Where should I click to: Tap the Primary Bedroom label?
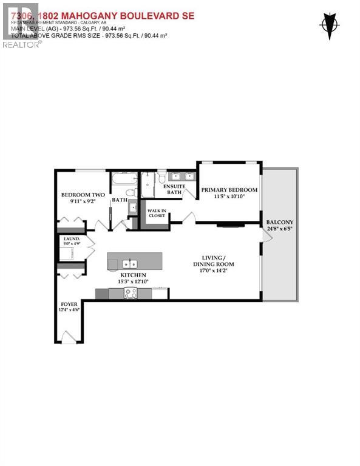(x=229, y=190)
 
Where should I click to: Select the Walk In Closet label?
(x=156, y=213)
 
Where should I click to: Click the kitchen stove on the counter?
(x=131, y=293)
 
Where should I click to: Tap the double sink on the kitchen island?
(x=129, y=263)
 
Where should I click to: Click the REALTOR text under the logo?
(x=21, y=44)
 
